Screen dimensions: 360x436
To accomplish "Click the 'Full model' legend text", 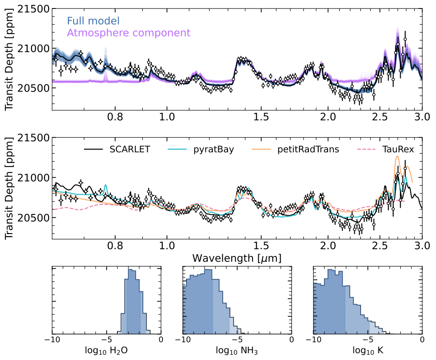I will [93, 21].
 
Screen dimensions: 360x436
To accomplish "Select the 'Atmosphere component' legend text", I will [129, 33].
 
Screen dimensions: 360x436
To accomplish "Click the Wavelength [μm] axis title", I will [237, 258].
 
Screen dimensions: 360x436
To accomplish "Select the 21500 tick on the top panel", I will [29, 9].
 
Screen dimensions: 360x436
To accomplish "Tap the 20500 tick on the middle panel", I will [29, 218].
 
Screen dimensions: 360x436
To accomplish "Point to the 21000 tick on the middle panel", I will [29, 178].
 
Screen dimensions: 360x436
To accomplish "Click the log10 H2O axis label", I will [107, 350].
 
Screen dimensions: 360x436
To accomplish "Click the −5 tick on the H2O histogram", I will [107, 339].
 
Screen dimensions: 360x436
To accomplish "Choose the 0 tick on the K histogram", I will [422, 339].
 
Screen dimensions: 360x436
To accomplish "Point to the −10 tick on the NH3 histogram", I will [183, 339].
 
